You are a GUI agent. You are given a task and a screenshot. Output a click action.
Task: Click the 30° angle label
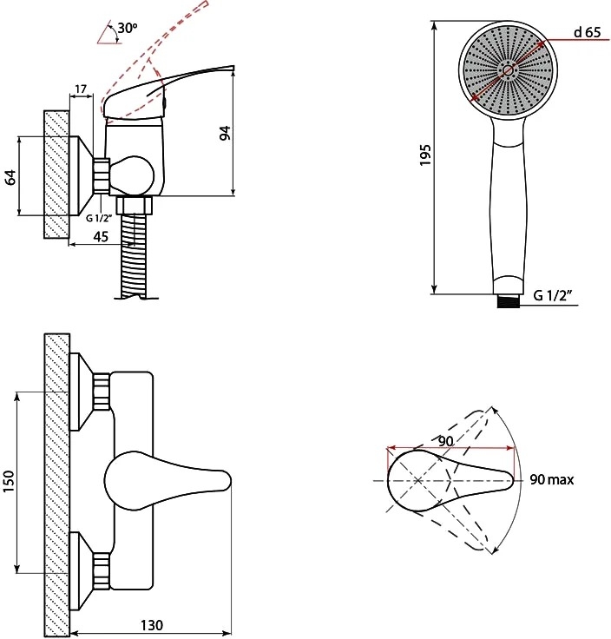[128, 28]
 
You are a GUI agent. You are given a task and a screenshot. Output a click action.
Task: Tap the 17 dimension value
[81, 89]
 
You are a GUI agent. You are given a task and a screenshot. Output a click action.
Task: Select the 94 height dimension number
[226, 133]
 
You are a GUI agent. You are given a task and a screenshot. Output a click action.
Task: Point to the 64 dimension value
[11, 177]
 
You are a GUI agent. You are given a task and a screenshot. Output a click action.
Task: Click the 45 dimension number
[101, 236]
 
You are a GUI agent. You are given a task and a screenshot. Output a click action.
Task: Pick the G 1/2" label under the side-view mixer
[99, 218]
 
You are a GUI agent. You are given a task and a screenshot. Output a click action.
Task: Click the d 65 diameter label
[588, 32]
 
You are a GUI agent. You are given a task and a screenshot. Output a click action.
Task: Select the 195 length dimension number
[425, 155]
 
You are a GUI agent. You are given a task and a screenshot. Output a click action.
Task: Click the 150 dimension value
[9, 481]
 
